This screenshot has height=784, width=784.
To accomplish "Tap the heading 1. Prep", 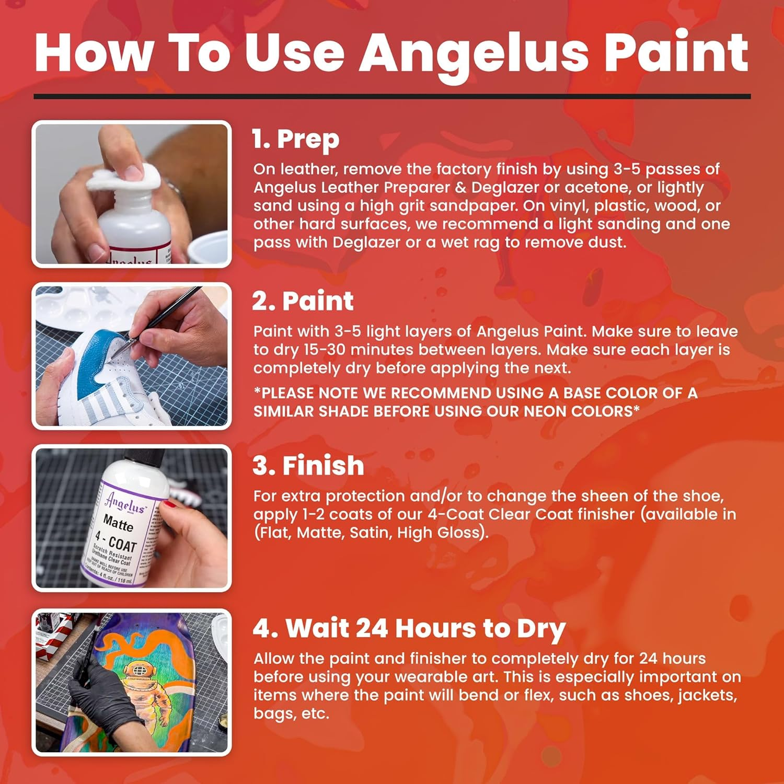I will pyautogui.click(x=296, y=139).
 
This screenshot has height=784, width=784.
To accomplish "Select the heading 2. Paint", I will pyautogui.click(x=303, y=301).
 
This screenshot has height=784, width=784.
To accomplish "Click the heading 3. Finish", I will pyautogui.click(x=308, y=465).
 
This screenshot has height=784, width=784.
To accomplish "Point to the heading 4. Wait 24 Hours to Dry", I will pyautogui.click(x=409, y=628).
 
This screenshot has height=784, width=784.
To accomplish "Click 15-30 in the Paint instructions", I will pyautogui.click(x=325, y=350).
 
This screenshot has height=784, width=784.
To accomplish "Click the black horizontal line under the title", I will pyautogui.click(x=392, y=96).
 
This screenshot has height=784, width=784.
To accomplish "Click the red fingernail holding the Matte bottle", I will pyautogui.click(x=170, y=504).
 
